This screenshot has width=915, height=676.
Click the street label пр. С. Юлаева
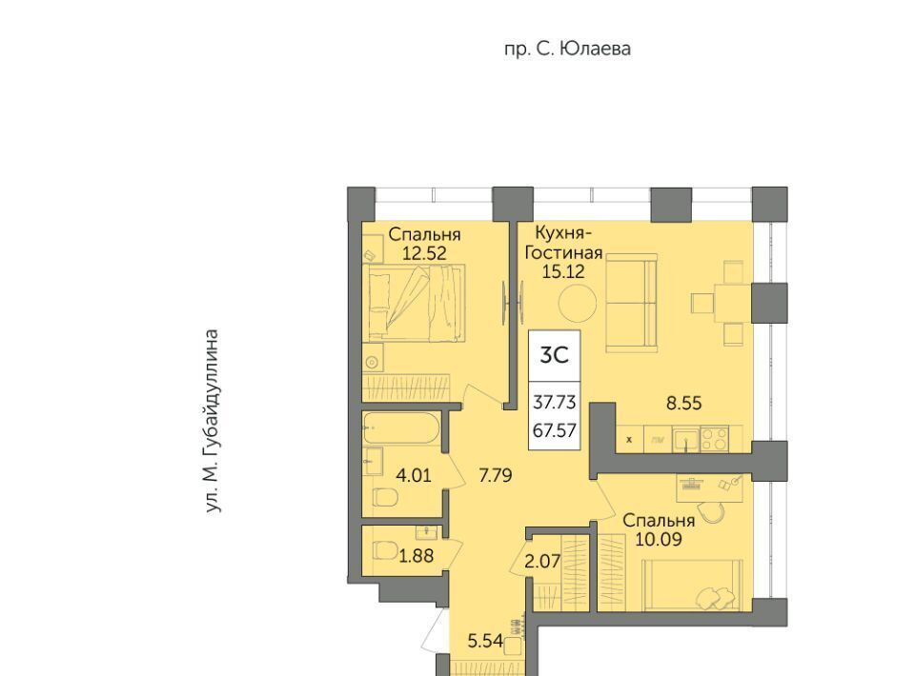[567, 49]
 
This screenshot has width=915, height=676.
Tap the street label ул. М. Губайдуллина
[213, 422]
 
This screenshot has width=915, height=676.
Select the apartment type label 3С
[554, 354]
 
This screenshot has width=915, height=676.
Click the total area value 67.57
[555, 430]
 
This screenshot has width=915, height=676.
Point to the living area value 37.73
[555, 402]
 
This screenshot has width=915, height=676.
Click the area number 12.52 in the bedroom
[424, 253]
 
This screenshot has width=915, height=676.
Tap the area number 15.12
[563, 271]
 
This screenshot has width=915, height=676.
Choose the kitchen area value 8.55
[684, 403]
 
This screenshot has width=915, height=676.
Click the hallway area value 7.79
[496, 476]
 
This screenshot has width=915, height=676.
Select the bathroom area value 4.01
[414, 475]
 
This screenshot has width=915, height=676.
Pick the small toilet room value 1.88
[417, 556]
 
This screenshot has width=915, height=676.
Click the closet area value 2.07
[542, 562]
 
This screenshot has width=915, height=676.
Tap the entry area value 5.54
[485, 642]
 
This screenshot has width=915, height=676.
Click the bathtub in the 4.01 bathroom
[400, 428]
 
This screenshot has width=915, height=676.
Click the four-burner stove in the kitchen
[714, 439]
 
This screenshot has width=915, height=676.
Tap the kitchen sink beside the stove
[685, 439]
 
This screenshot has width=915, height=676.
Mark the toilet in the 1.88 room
[385, 550]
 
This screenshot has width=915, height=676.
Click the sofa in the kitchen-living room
[632, 303]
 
